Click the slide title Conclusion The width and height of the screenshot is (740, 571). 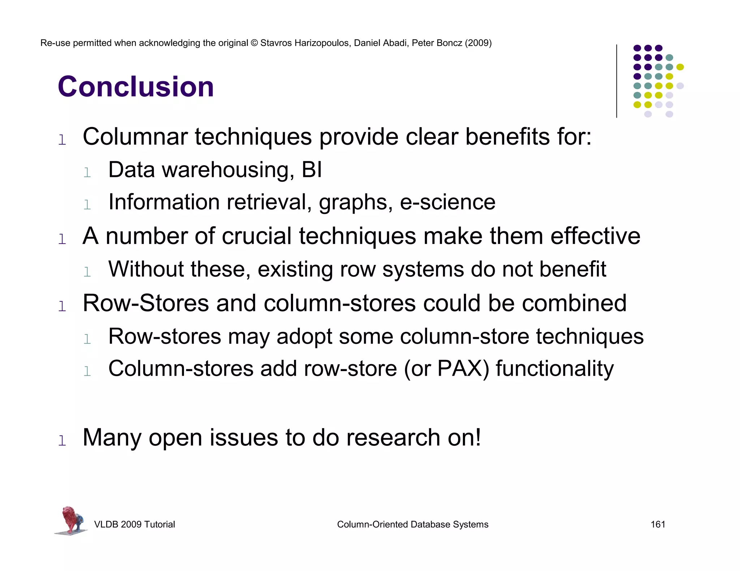click(136, 87)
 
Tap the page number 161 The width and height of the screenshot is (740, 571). click(658, 524)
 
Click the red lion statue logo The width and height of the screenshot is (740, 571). click(71, 520)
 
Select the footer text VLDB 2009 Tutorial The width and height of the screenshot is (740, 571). click(134, 524)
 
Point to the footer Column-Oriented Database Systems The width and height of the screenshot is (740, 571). click(412, 524)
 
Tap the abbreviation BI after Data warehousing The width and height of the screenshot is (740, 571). click(311, 170)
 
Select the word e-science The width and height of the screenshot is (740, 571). click(447, 202)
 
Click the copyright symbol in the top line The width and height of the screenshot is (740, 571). click(254, 43)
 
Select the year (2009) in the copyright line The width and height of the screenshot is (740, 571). click(478, 43)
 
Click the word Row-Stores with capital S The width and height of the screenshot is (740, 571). click(146, 303)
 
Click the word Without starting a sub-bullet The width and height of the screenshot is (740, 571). click(146, 269)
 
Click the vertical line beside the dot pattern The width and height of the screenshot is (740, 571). click(616, 81)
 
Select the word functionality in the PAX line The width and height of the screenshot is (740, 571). click(554, 369)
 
